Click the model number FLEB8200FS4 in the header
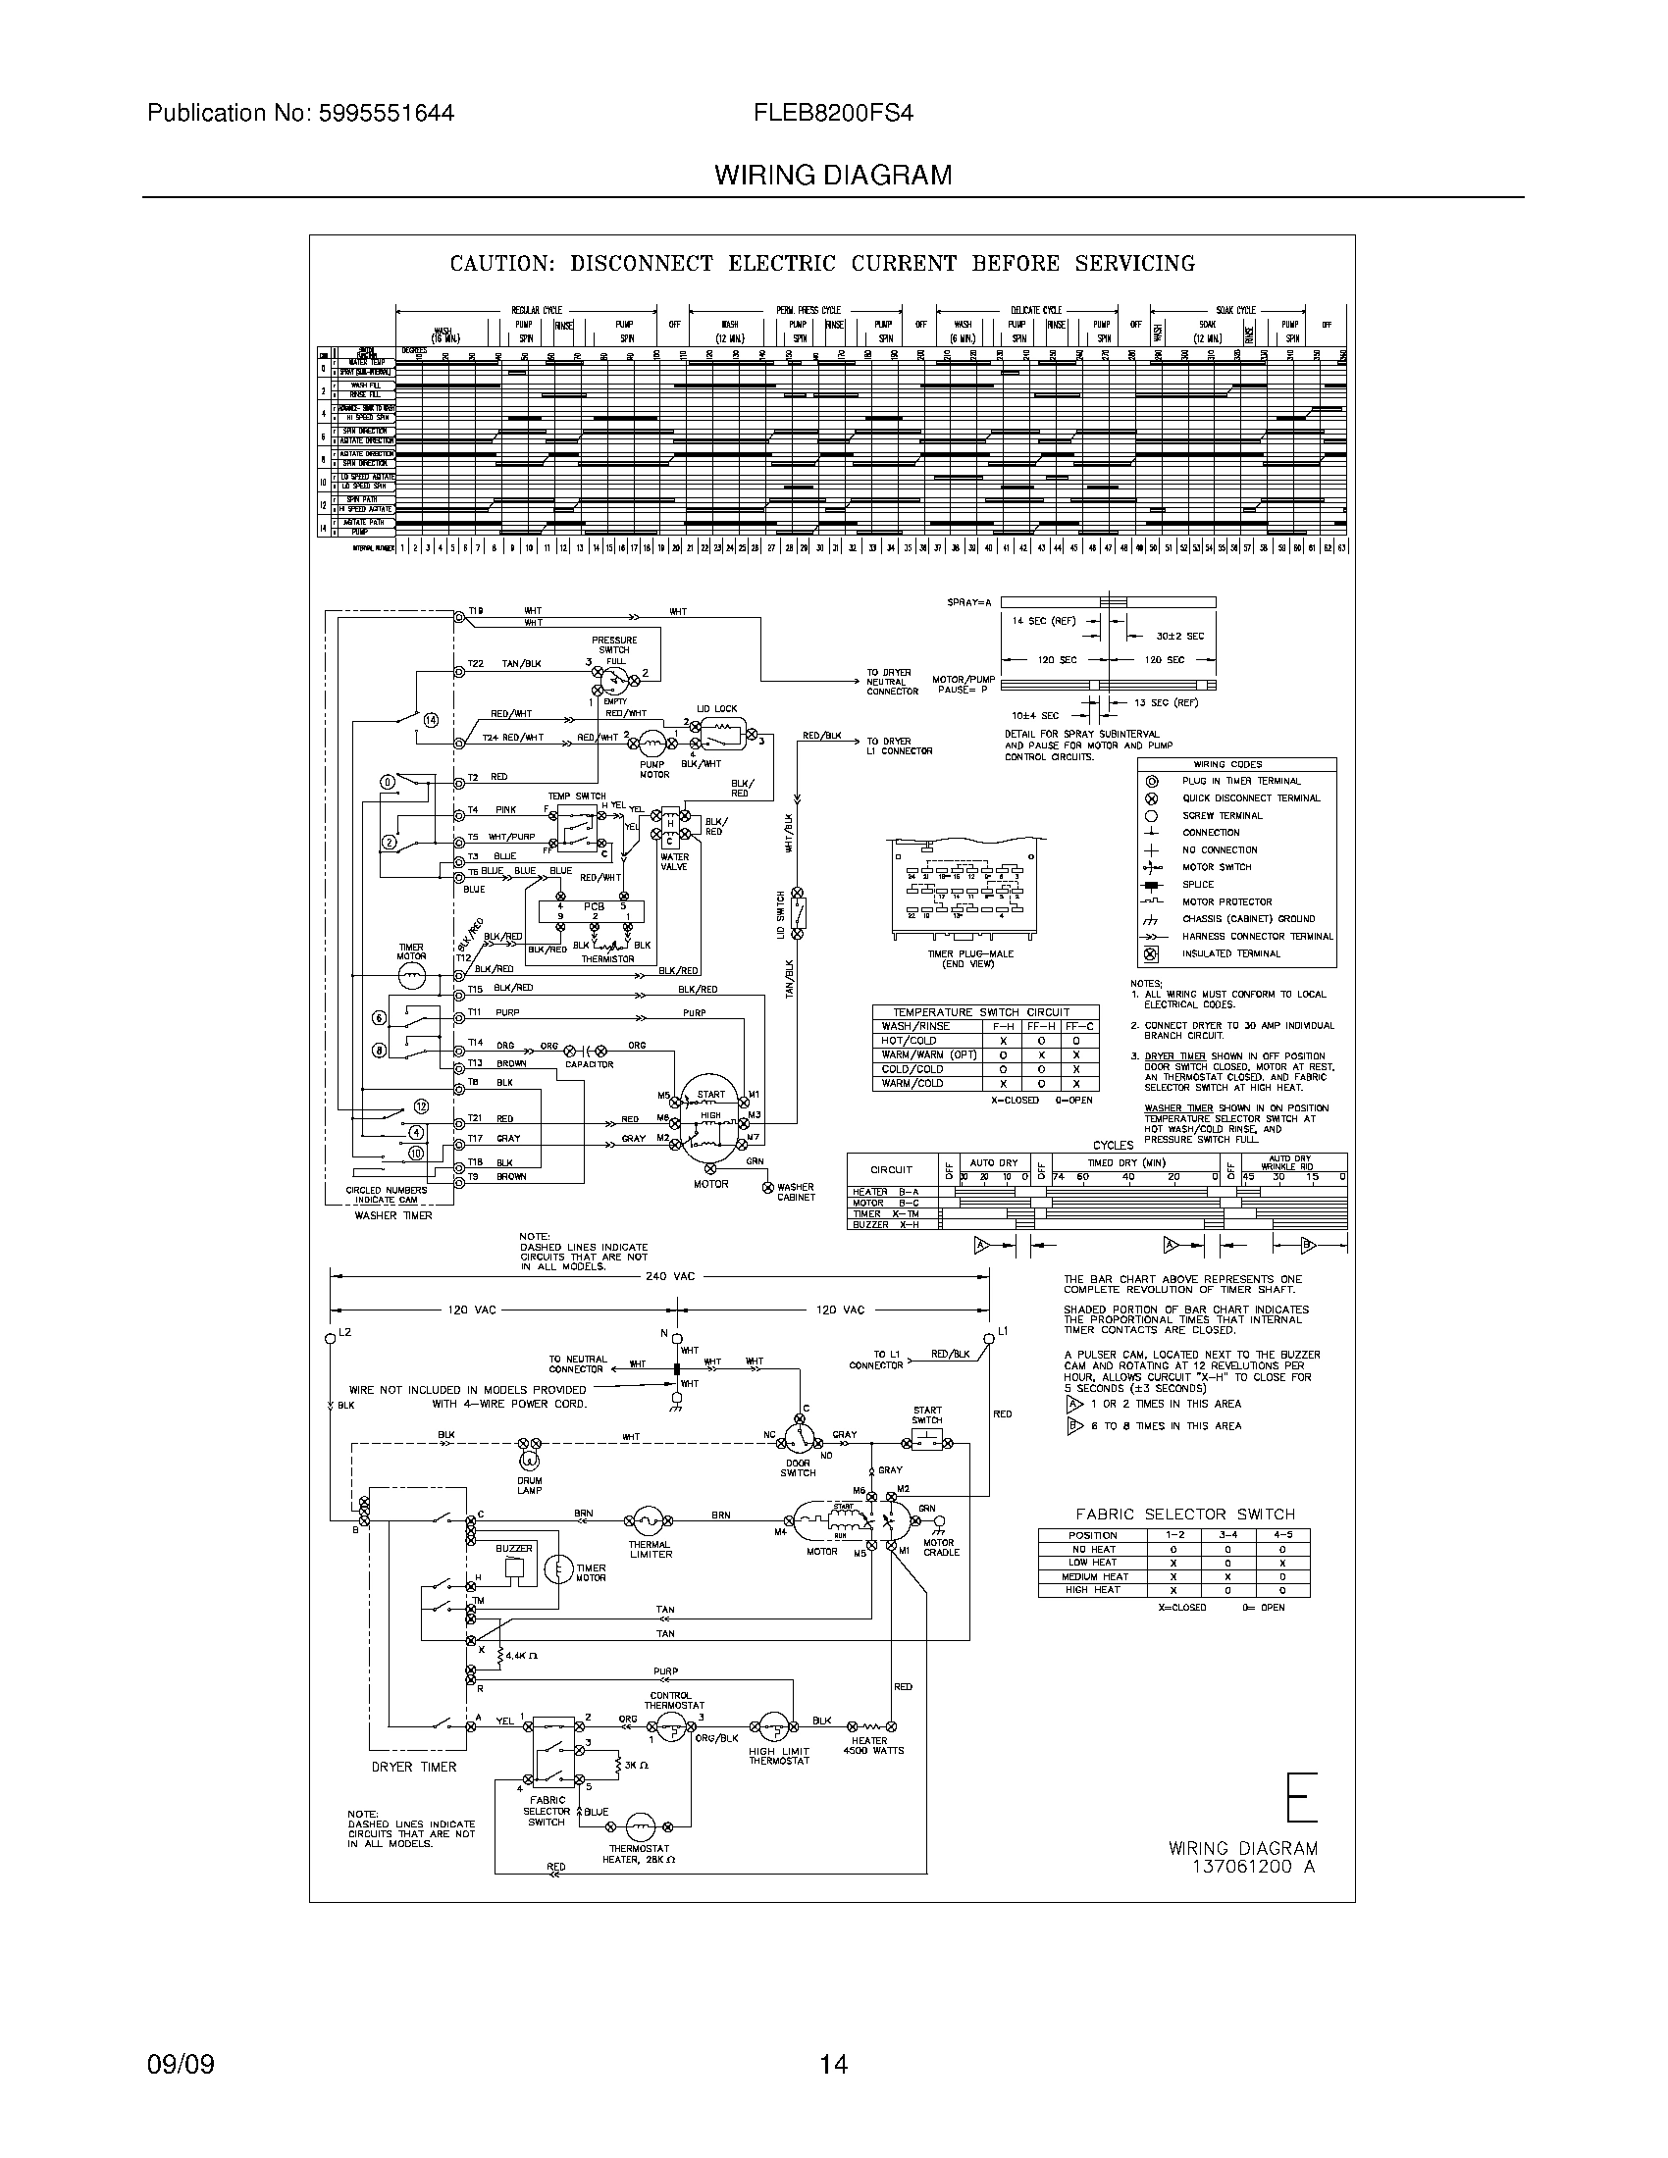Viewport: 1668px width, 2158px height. (x=834, y=113)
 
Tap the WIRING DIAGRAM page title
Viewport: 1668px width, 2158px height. (x=833, y=176)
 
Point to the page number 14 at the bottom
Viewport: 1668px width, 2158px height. (x=833, y=2063)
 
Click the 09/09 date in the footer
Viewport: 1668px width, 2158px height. (x=181, y=2063)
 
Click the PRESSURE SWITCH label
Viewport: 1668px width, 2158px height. (x=613, y=645)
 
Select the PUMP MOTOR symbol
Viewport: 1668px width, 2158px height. (x=652, y=743)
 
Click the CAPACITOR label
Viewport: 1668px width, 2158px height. (x=589, y=1064)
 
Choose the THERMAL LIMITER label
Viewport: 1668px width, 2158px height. (x=651, y=1549)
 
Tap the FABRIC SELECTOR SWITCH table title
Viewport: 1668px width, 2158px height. (x=1185, y=1514)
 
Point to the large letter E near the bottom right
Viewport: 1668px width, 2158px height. (x=1302, y=1797)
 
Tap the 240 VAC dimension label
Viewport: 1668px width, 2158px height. (x=671, y=1275)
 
